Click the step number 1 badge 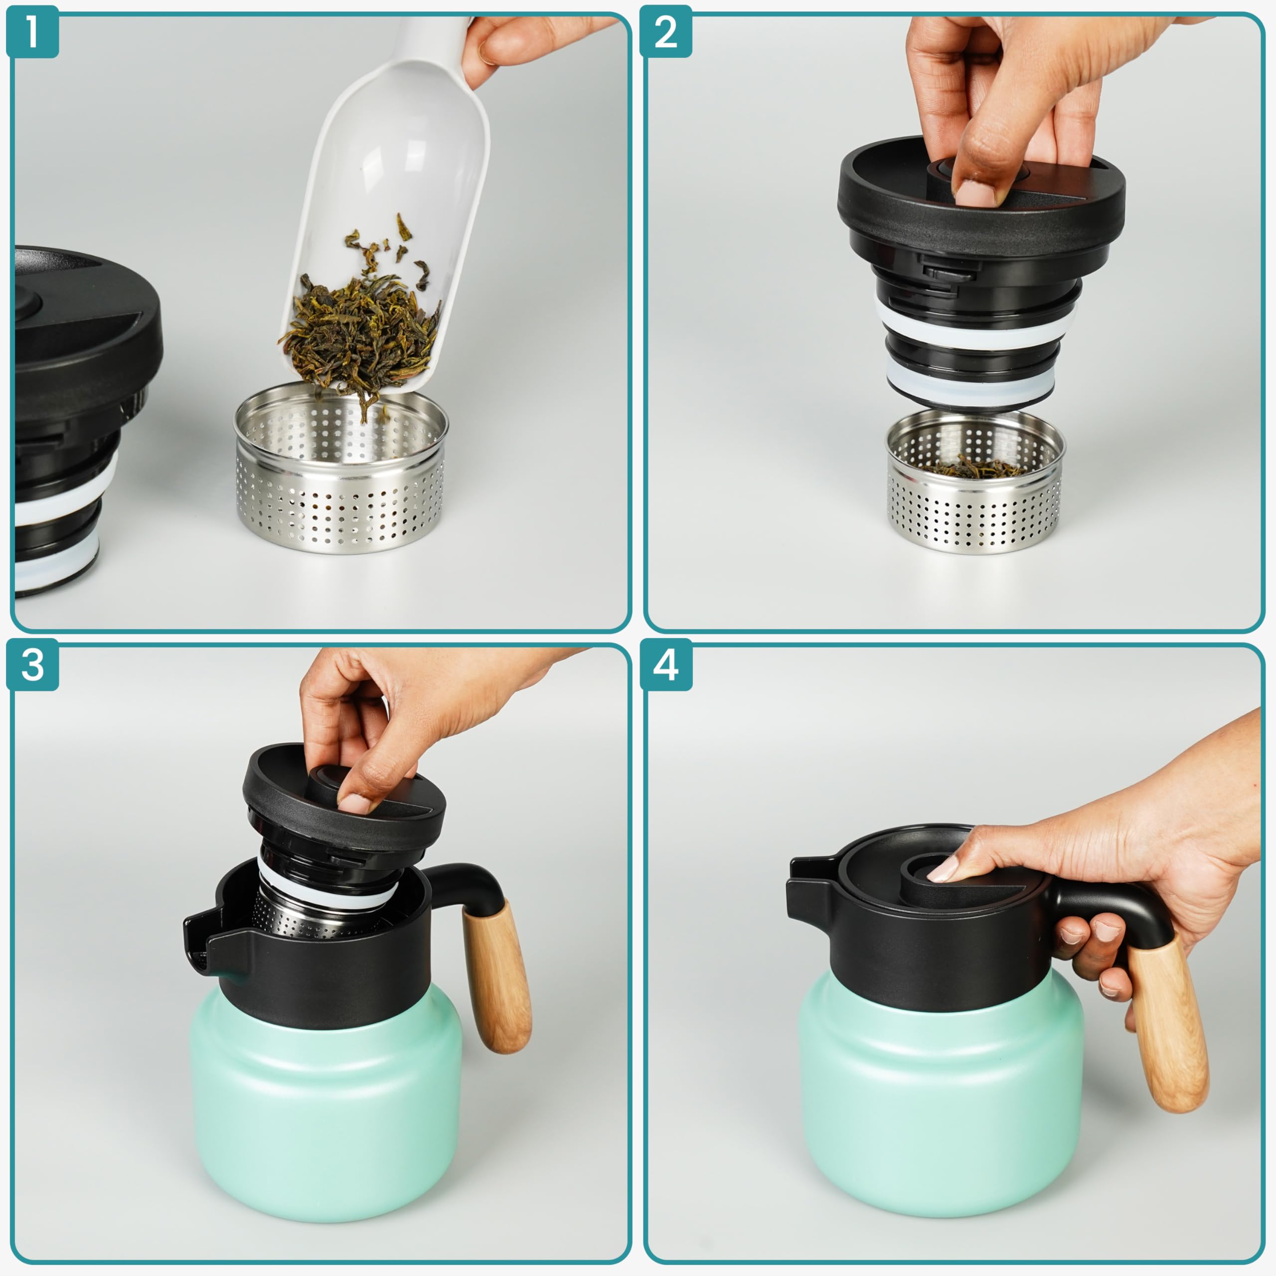[x=32, y=32]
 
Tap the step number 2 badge [x=666, y=32]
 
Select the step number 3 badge [x=32, y=664]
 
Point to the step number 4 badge [x=666, y=664]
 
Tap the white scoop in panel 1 [x=390, y=198]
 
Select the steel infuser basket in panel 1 [x=341, y=469]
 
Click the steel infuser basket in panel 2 [x=975, y=482]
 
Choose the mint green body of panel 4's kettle [x=941, y=1097]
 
